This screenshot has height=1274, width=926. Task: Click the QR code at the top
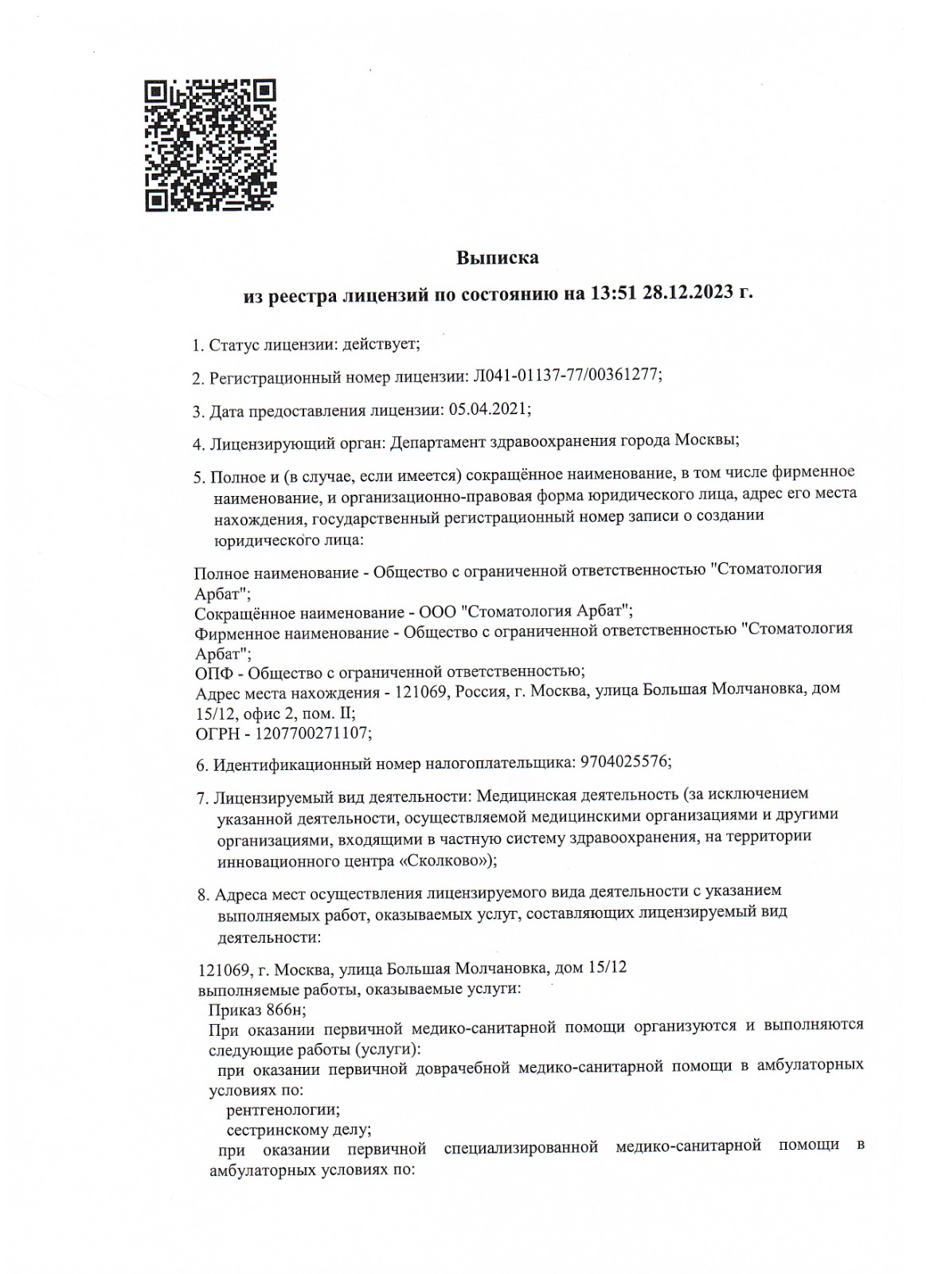(210, 145)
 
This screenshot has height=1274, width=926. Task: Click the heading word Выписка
(497, 258)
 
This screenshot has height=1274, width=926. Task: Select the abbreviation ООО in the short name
(436, 612)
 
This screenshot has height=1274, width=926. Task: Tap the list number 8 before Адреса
(202, 893)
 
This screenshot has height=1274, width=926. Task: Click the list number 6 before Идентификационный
(201, 765)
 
